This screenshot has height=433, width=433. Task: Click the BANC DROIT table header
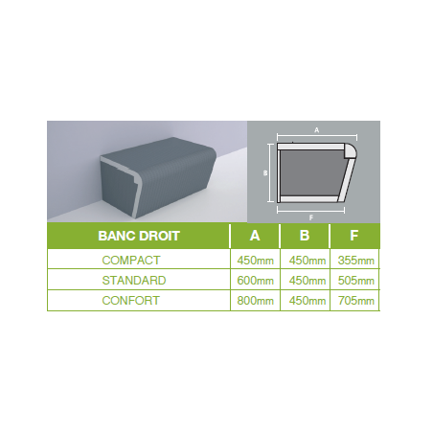pyautogui.click(x=139, y=236)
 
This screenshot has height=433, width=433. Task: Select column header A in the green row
pyautogui.click(x=255, y=236)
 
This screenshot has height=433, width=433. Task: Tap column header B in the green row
pyautogui.click(x=305, y=236)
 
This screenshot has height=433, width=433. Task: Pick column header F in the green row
pyautogui.click(x=353, y=236)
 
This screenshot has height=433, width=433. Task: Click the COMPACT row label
pyautogui.click(x=131, y=261)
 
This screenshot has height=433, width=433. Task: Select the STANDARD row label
pyautogui.click(x=134, y=281)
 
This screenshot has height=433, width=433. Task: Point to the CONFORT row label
pyautogui.click(x=130, y=301)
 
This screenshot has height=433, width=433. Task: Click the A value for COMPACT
pyautogui.click(x=255, y=261)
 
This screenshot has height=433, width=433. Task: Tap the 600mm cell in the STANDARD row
pyautogui.click(x=255, y=281)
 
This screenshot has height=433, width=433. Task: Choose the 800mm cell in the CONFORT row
pyautogui.click(x=255, y=301)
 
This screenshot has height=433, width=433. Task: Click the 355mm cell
pyautogui.click(x=356, y=261)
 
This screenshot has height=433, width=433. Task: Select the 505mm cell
pyautogui.click(x=356, y=281)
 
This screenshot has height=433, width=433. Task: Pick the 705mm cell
pyautogui.click(x=356, y=301)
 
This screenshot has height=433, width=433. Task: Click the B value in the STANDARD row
pyautogui.click(x=308, y=281)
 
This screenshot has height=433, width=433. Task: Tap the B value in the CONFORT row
pyautogui.click(x=308, y=301)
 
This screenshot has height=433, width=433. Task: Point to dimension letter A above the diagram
pyautogui.click(x=316, y=130)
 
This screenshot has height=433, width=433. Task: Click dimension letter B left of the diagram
pyautogui.click(x=265, y=173)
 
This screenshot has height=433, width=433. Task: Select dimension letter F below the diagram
pyautogui.click(x=311, y=217)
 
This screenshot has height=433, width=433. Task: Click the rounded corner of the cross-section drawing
pyautogui.click(x=352, y=150)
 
